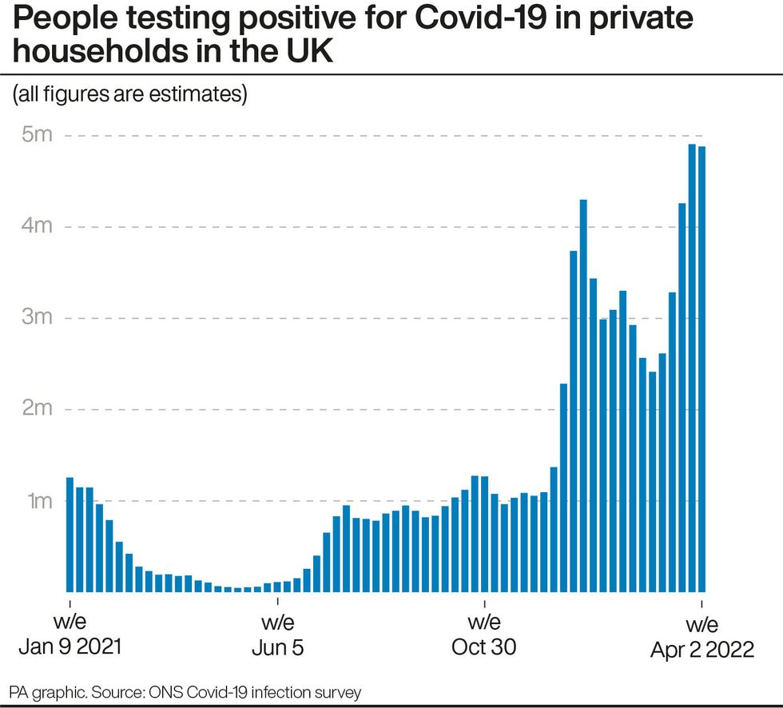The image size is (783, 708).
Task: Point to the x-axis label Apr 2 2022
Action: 702,650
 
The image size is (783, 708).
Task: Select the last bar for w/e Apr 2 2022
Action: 702,368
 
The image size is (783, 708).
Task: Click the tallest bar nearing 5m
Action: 692,368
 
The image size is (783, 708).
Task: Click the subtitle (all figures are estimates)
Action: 129,94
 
